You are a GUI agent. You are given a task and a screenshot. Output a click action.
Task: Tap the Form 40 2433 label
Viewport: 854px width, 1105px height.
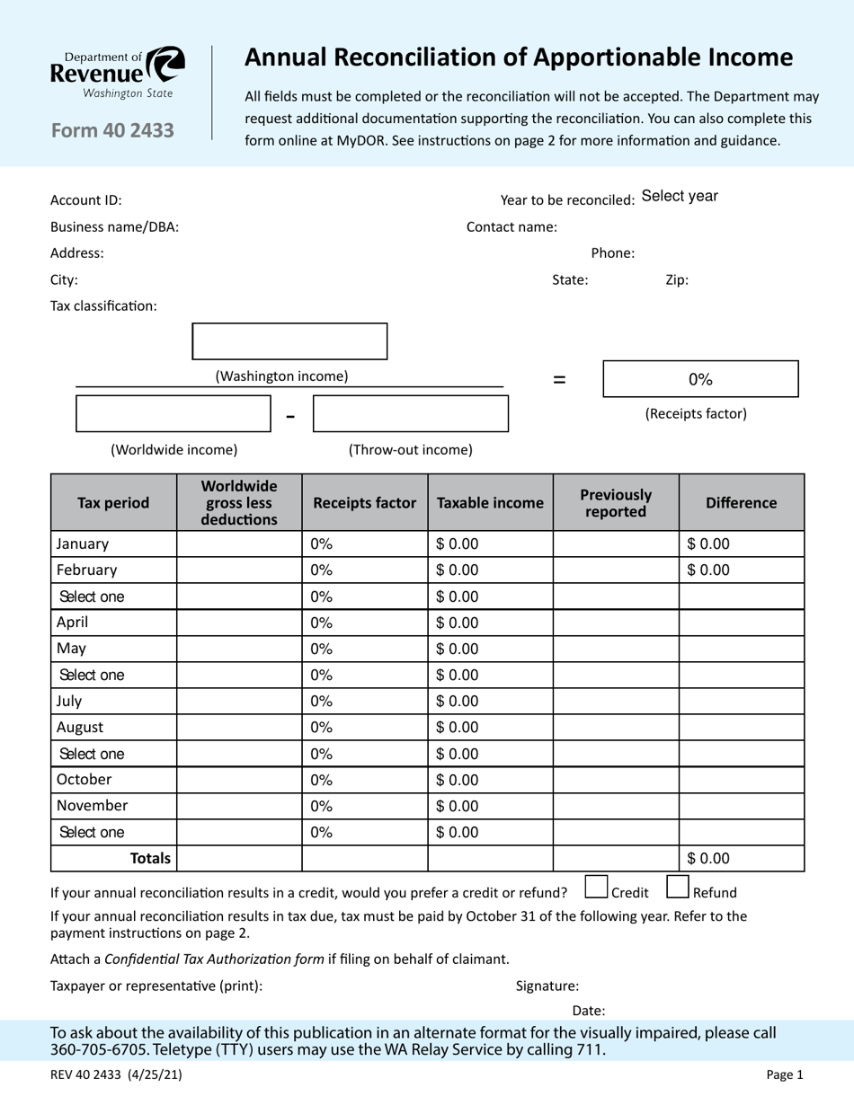[x=112, y=131]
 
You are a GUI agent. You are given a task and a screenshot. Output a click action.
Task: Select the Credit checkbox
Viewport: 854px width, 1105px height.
[x=596, y=888]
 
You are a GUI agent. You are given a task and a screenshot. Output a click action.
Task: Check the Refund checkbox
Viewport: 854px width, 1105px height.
[x=678, y=888]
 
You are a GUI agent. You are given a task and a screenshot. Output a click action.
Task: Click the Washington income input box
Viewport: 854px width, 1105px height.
[x=289, y=341]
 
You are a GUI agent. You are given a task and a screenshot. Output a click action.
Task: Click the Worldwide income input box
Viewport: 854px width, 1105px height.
[x=173, y=414]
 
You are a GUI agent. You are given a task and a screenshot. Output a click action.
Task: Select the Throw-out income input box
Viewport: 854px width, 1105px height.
[x=410, y=414]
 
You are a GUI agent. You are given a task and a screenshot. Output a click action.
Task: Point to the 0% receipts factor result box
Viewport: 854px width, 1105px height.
[x=700, y=379]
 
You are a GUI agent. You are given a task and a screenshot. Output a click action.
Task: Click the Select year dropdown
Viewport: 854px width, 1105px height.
[x=680, y=197]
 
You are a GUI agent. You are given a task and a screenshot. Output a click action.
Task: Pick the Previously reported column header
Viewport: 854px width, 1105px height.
[x=616, y=503]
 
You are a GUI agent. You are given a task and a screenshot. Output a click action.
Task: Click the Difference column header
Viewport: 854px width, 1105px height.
[x=741, y=503]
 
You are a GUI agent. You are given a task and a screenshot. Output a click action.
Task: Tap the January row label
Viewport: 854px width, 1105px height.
[x=83, y=544]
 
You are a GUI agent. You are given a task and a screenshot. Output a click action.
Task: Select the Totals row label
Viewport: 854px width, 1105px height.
[x=150, y=859]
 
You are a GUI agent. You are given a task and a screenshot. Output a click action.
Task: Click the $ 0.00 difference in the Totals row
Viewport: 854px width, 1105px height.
[x=708, y=859]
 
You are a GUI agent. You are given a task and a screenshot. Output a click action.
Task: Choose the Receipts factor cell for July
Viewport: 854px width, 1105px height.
[x=322, y=701]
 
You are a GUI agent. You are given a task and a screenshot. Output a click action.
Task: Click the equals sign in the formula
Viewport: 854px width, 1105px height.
[x=559, y=380]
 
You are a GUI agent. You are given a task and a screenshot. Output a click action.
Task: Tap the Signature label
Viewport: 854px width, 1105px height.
[x=547, y=986]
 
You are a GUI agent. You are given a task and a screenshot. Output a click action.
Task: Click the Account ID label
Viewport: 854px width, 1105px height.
[x=85, y=200]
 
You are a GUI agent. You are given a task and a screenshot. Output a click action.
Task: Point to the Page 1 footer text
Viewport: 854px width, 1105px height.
[x=785, y=1074]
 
